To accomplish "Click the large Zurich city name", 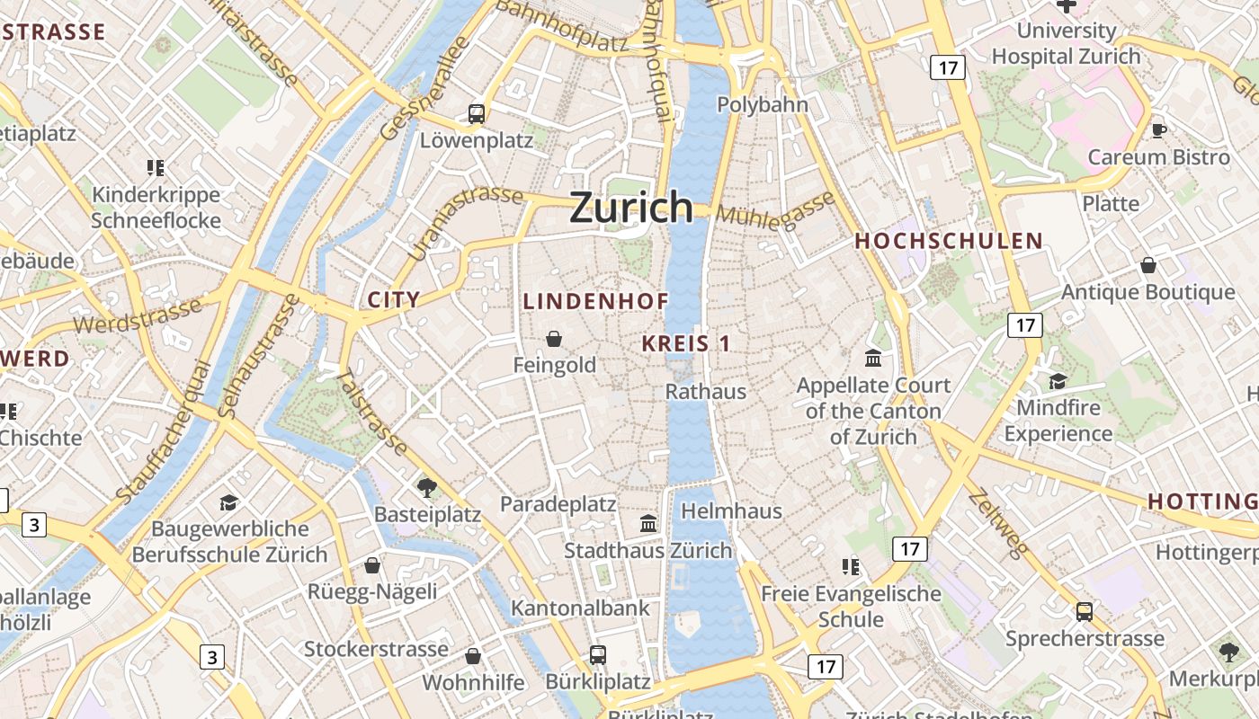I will click(631, 208).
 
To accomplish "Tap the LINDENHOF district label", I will click(595, 302).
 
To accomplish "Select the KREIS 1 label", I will click(686, 343).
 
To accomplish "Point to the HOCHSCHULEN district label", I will click(949, 241).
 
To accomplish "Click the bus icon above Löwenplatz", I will click(477, 114).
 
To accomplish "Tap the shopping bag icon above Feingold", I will click(554, 339).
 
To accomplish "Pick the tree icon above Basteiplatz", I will click(427, 488).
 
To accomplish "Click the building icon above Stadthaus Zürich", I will click(648, 523).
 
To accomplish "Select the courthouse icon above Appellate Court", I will click(873, 359).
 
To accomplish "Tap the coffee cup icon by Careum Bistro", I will click(1159, 130).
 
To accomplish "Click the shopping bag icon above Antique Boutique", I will click(1148, 265).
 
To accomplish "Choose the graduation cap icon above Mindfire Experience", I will click(1058, 381).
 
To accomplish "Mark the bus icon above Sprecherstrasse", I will click(1085, 612).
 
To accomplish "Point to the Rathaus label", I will click(706, 392).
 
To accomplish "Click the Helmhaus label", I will click(731, 511).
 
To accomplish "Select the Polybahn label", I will click(763, 105).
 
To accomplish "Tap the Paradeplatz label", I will click(558, 504).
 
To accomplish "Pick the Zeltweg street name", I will click(998, 524).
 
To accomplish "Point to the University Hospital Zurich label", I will click(1066, 43).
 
